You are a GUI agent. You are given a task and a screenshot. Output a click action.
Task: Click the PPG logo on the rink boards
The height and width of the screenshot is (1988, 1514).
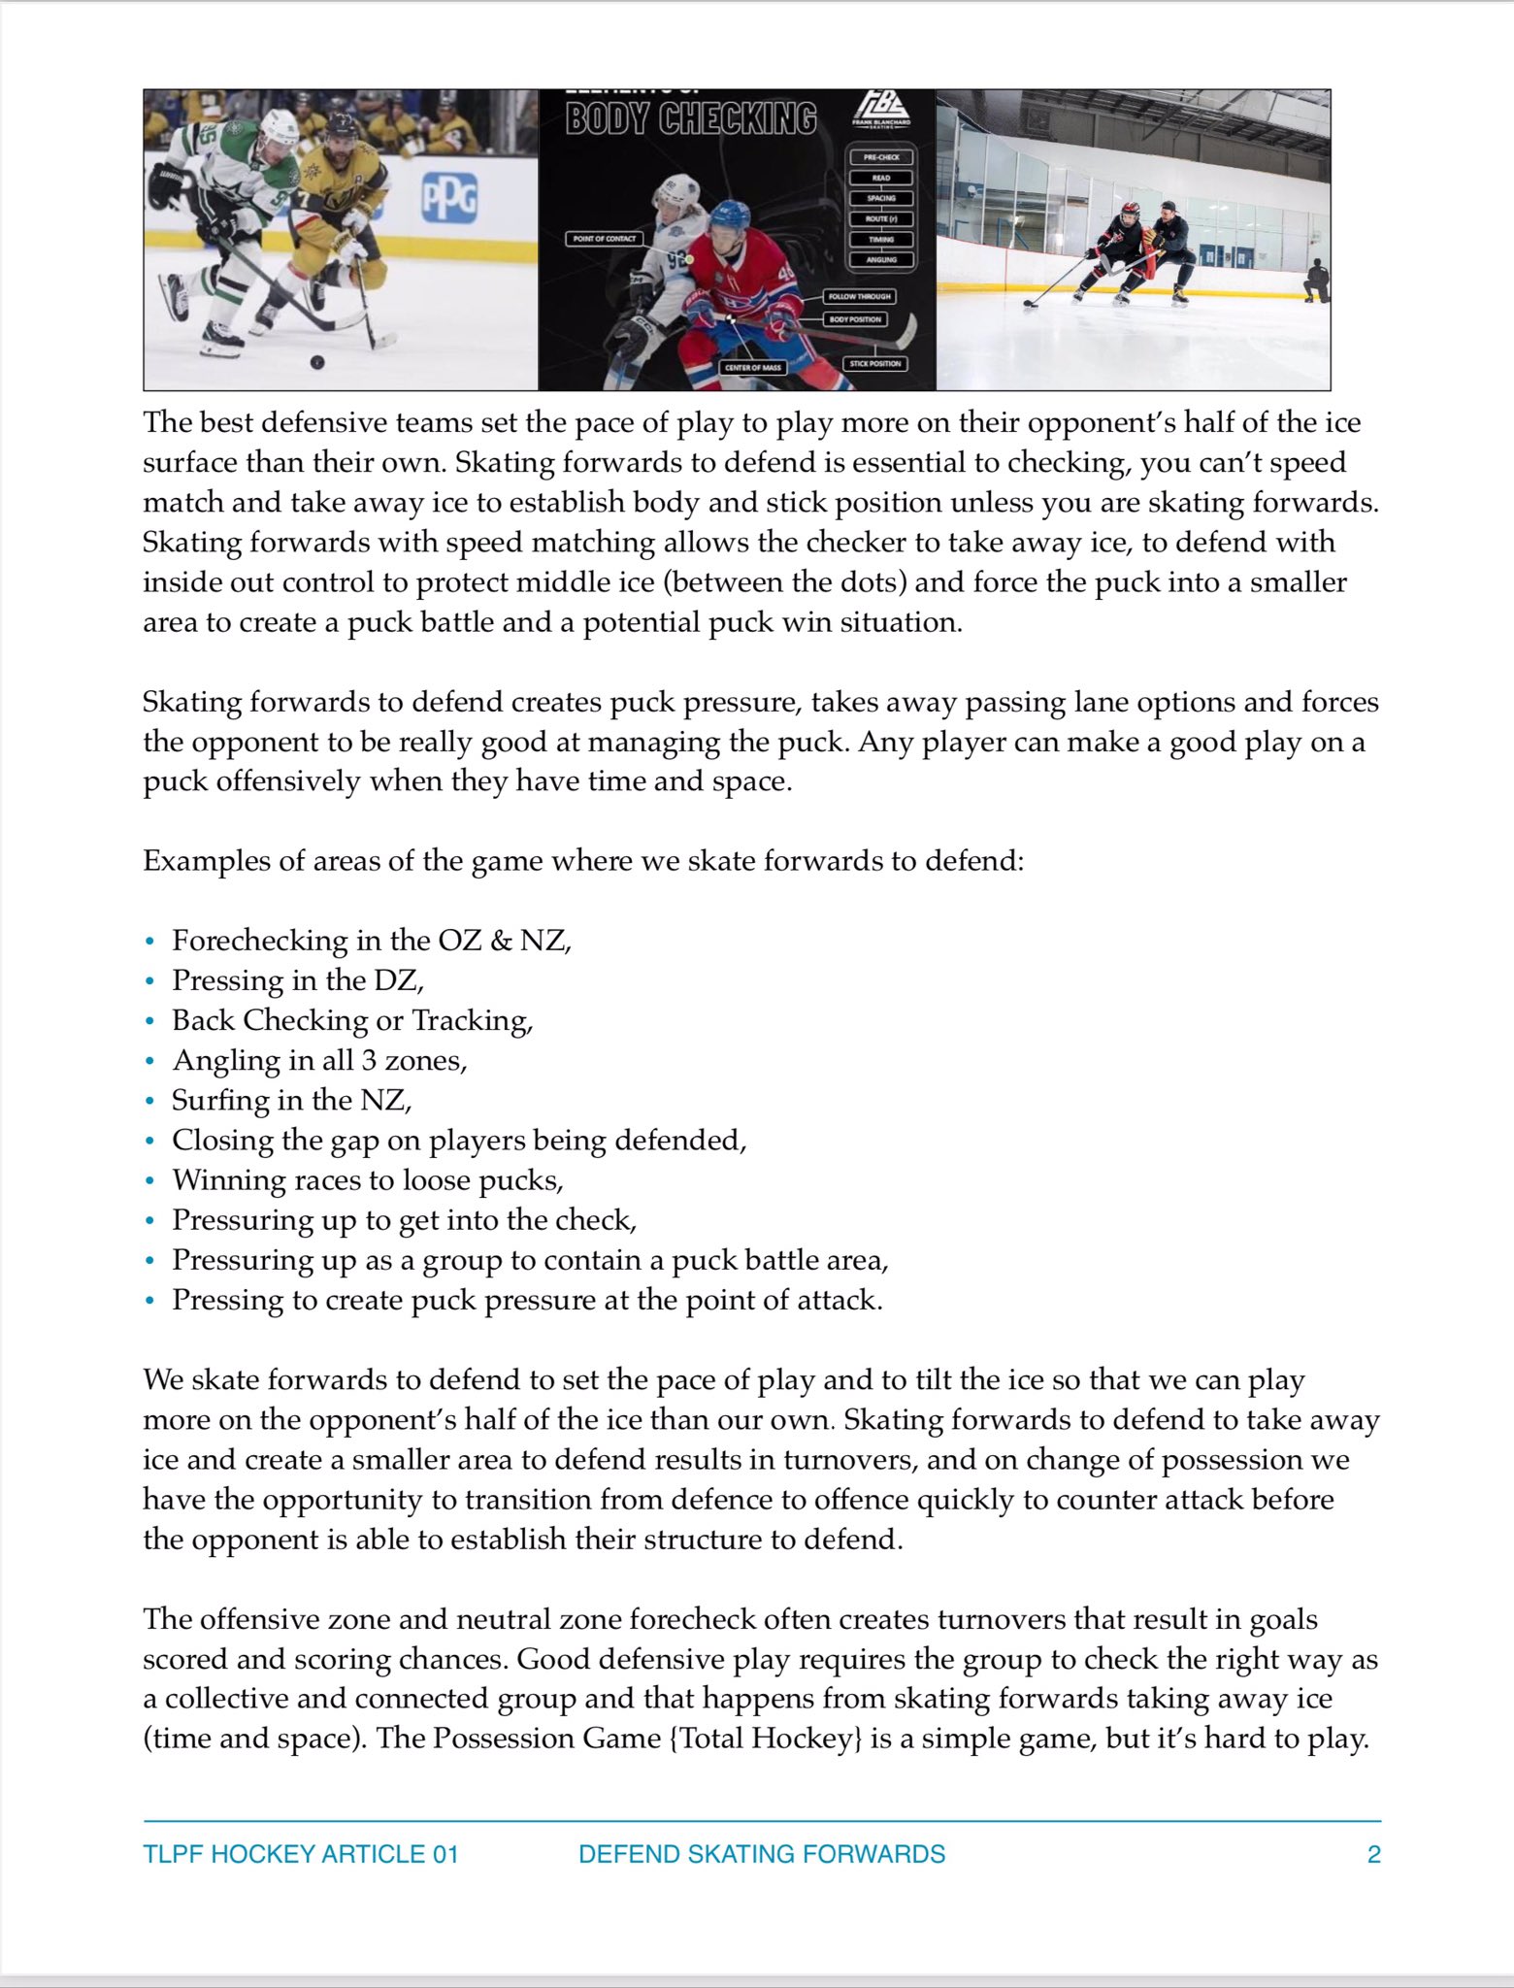pyautogui.click(x=448, y=198)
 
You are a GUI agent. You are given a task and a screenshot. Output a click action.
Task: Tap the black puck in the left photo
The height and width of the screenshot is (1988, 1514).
pyautogui.click(x=316, y=362)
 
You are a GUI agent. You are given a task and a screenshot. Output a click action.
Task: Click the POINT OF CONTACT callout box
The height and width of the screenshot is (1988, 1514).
pyautogui.click(x=605, y=238)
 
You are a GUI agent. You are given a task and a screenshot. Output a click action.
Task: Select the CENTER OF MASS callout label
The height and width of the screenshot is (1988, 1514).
pyautogui.click(x=753, y=368)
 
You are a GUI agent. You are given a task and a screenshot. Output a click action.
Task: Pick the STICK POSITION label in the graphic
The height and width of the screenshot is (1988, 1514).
pyautogui.click(x=875, y=364)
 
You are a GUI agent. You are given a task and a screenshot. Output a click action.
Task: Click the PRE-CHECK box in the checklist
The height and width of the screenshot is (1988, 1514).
pyautogui.click(x=881, y=157)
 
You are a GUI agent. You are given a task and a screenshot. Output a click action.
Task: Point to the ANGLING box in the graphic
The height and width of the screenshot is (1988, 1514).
pyautogui.click(x=881, y=259)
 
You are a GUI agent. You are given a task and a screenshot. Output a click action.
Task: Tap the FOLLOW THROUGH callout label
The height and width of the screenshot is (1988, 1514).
pyautogui.click(x=860, y=296)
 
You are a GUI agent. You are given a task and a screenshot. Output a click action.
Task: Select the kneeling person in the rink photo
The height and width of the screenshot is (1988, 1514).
pyautogui.click(x=1317, y=282)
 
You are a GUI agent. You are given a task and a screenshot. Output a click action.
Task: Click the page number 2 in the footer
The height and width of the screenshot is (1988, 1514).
pyautogui.click(x=1373, y=1854)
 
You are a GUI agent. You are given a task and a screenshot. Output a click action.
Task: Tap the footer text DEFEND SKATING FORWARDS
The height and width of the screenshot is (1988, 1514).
pyautogui.click(x=762, y=1854)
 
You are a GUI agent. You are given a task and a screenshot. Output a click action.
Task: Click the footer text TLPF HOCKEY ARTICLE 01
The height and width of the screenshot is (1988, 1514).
pyautogui.click(x=301, y=1854)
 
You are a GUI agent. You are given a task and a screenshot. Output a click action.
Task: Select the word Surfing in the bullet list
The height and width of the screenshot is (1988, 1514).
pyautogui.click(x=210, y=1100)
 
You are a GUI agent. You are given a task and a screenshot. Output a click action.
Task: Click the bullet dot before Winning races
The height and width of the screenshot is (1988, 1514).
pyautogui.click(x=149, y=1180)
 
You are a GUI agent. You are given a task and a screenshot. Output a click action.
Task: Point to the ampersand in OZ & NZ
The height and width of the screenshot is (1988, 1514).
pyautogui.click(x=501, y=941)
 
